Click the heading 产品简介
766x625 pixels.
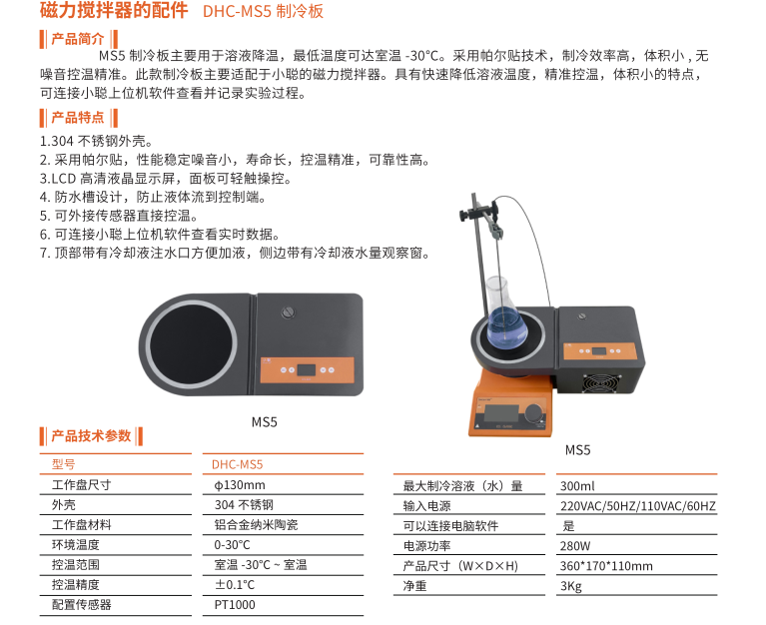click(x=78, y=39)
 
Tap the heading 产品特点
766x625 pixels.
click(x=78, y=118)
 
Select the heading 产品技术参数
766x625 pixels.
click(x=91, y=435)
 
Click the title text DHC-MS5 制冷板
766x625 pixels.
click(x=263, y=11)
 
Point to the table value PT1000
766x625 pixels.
click(x=235, y=605)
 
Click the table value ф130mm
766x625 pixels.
click(x=240, y=485)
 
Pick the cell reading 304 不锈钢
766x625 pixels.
click(x=244, y=505)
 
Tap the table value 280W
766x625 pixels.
click(x=575, y=546)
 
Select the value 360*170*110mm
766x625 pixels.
click(x=606, y=566)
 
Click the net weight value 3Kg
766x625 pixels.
click(x=571, y=586)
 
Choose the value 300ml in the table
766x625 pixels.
click(x=577, y=486)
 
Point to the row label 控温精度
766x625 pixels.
click(x=76, y=584)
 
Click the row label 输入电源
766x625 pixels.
click(x=427, y=506)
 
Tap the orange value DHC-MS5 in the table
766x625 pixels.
click(x=237, y=464)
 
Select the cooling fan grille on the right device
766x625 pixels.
click(x=600, y=383)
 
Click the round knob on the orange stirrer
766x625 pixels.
click(x=535, y=412)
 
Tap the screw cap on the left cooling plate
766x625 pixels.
click(x=289, y=312)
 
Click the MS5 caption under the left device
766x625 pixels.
click(x=265, y=422)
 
